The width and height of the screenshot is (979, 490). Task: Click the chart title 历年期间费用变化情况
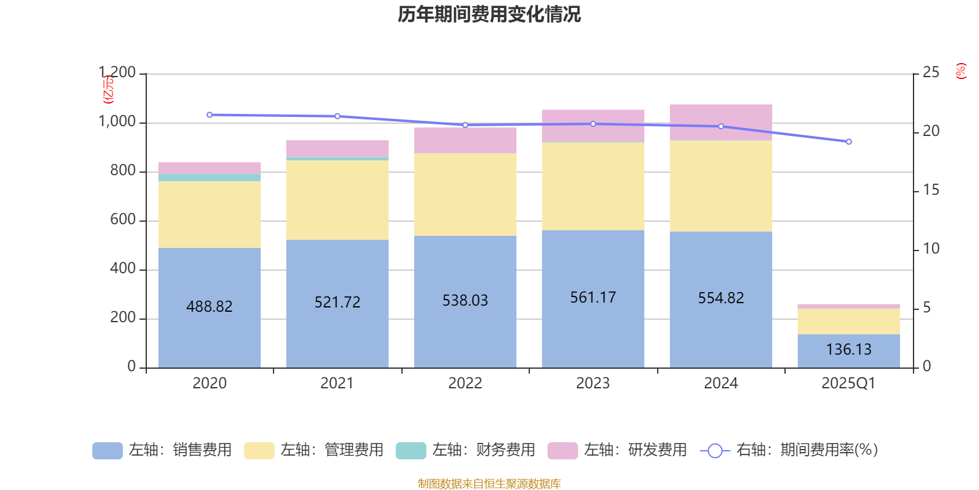[489, 14]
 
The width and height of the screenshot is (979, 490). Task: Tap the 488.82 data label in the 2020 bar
[209, 306]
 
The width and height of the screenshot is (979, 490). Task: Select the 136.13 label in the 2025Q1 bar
[848, 349]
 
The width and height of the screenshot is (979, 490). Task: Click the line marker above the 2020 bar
[209, 115]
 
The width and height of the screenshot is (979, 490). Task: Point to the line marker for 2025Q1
[849, 141]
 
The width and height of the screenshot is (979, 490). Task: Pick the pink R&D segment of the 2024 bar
[721, 123]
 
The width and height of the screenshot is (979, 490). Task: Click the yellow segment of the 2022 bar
[465, 194]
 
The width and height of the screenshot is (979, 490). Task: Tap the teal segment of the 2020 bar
[209, 178]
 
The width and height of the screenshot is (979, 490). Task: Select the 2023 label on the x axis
[593, 383]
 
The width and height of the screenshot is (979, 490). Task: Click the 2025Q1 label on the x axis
[848, 383]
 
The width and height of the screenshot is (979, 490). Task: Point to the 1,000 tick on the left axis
[117, 122]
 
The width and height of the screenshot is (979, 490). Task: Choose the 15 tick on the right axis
[931, 190]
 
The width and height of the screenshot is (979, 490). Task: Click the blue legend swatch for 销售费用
[107, 450]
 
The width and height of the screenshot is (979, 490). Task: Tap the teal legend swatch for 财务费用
[411, 450]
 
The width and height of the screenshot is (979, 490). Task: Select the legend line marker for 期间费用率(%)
[715, 450]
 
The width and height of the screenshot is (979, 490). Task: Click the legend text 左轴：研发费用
[635, 450]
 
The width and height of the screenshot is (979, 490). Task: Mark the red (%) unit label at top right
[961, 71]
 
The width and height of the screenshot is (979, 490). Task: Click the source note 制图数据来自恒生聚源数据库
[489, 484]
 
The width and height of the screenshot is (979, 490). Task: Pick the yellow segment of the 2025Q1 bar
[848, 321]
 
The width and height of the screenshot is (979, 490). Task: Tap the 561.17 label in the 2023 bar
[593, 298]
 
